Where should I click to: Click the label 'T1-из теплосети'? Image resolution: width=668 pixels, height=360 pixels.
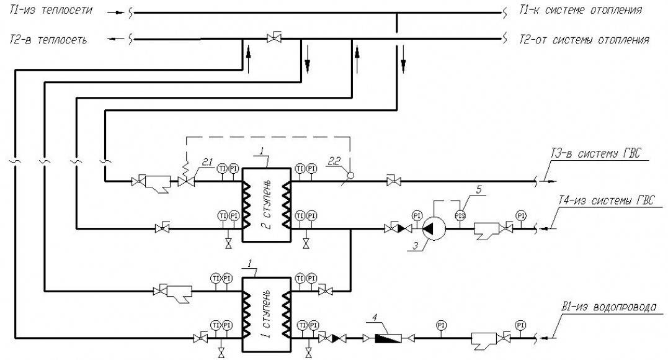[51, 11]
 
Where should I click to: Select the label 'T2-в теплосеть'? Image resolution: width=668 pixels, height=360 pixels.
[48, 39]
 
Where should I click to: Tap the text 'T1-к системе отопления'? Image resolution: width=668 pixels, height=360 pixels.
[581, 11]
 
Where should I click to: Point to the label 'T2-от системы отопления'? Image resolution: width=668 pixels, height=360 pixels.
[584, 40]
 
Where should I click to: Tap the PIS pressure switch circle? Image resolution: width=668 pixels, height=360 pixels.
[460, 215]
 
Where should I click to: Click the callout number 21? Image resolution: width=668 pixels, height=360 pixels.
[205, 161]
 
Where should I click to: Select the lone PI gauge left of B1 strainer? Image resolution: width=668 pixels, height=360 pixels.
[440, 325]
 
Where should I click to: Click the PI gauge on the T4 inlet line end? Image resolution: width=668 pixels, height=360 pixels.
[520, 215]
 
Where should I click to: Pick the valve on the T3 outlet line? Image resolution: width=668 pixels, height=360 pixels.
[391, 181]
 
